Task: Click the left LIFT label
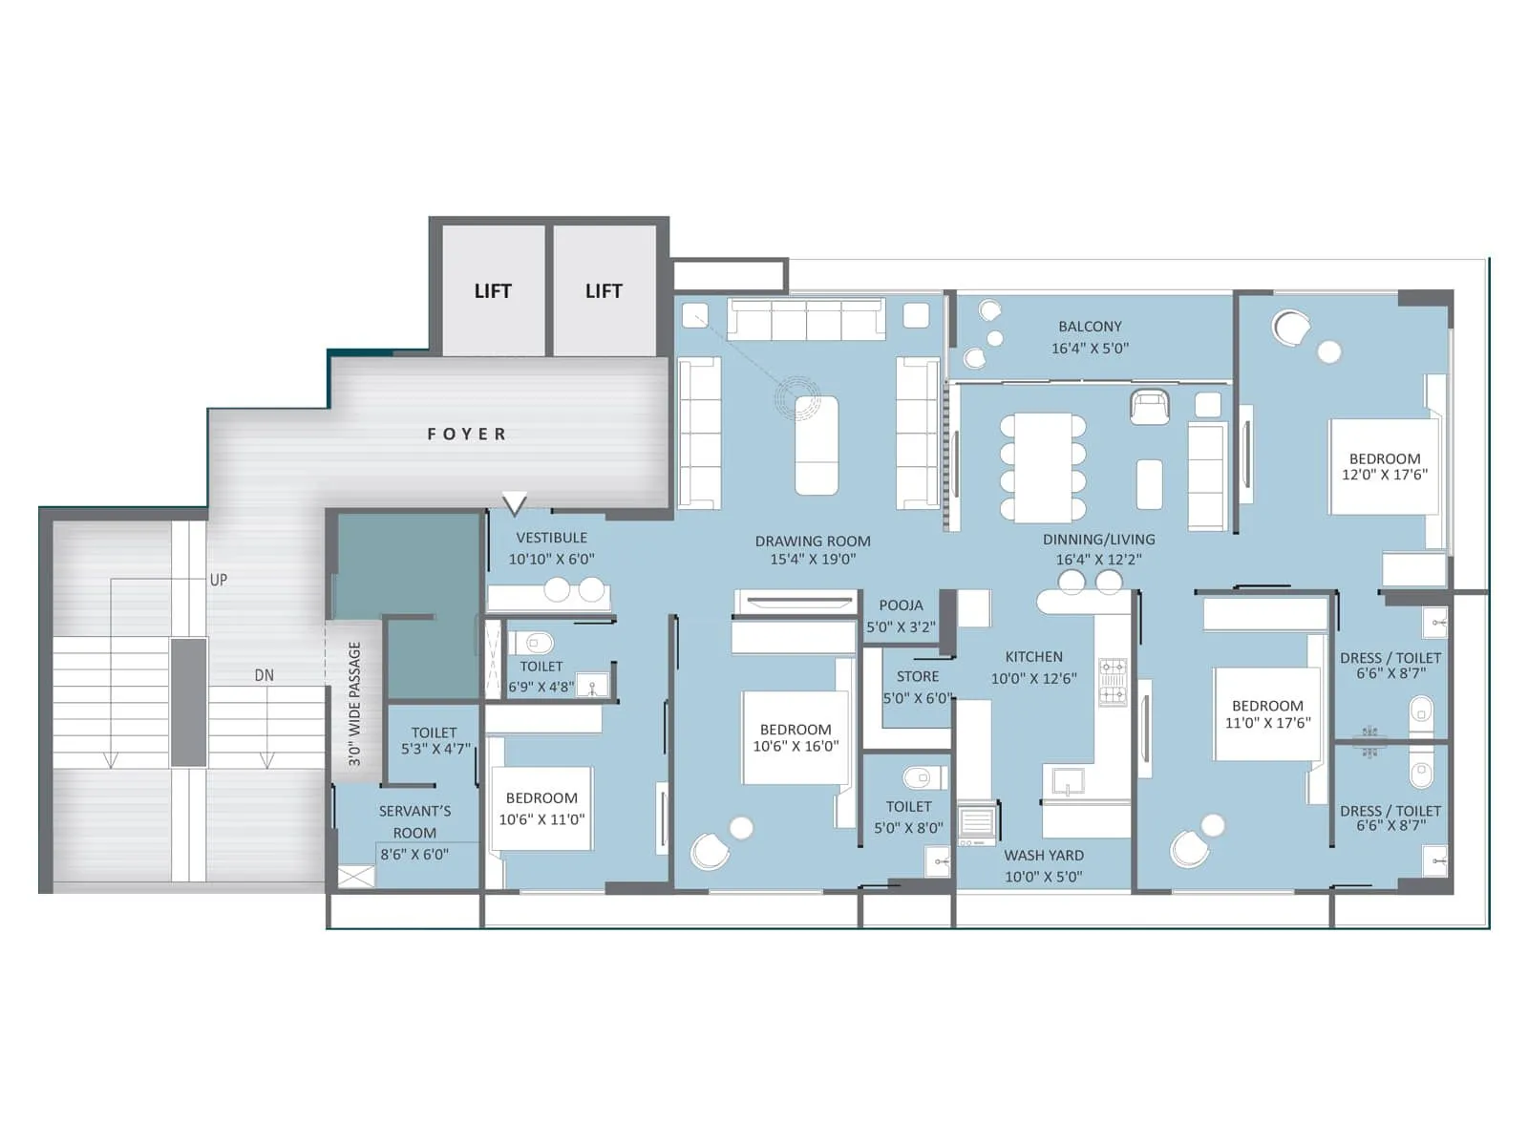493,291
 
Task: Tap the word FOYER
466,435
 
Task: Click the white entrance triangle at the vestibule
515,502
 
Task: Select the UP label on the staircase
219,580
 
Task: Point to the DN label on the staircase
265,675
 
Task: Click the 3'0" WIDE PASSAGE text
354,703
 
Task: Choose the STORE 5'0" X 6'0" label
917,688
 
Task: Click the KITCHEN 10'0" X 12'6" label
1033,668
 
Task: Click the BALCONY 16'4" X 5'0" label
1090,337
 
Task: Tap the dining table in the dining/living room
1043,467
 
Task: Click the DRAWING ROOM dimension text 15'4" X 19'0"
813,560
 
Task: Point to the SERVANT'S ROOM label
414,821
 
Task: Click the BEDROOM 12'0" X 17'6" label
1385,466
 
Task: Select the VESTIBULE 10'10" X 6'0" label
551,548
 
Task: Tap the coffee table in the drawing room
817,445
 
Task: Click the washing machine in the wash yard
976,823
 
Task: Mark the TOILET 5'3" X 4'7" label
435,741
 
